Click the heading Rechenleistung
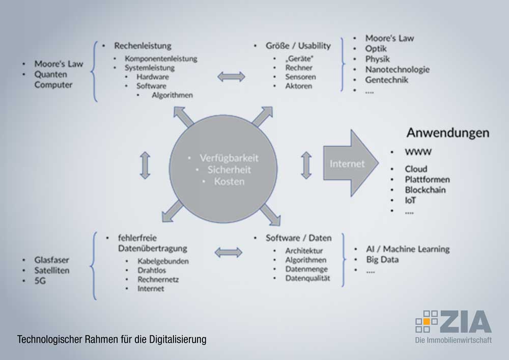[143, 46]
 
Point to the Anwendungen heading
[447, 133]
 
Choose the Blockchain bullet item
[425, 190]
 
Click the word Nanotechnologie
[397, 69]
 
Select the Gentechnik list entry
[386, 80]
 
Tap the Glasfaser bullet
[51, 260]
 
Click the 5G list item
[40, 281]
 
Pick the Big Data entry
[382, 260]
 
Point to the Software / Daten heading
[298, 238]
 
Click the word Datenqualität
[307, 279]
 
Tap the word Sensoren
[300, 77]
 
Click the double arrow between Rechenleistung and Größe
[231, 76]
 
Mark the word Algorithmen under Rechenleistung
[172, 95]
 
